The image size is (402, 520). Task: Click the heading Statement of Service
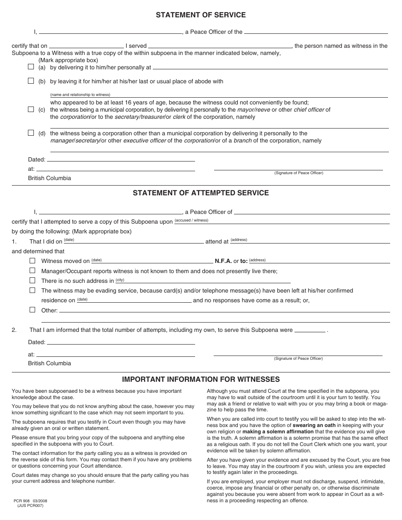(x=201, y=15)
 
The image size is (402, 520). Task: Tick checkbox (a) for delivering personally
(x=31, y=67)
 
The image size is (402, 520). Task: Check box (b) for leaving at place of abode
(x=31, y=81)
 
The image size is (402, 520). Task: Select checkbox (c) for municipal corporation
(x=31, y=109)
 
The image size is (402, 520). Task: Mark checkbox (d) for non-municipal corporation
(x=31, y=133)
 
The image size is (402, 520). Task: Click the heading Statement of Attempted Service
(x=201, y=193)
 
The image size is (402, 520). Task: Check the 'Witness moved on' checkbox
(x=33, y=261)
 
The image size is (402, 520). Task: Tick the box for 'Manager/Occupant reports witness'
(x=33, y=271)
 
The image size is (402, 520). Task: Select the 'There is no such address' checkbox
(x=33, y=280)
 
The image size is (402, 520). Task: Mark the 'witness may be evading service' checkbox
(x=33, y=290)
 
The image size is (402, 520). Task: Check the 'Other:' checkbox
(x=33, y=310)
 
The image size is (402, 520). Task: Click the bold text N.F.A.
(x=223, y=261)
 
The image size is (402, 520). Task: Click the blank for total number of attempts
(x=310, y=331)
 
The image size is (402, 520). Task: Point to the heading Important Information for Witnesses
(x=201, y=380)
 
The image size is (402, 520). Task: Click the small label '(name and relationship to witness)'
(x=80, y=95)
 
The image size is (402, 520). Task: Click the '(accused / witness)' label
(x=191, y=220)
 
